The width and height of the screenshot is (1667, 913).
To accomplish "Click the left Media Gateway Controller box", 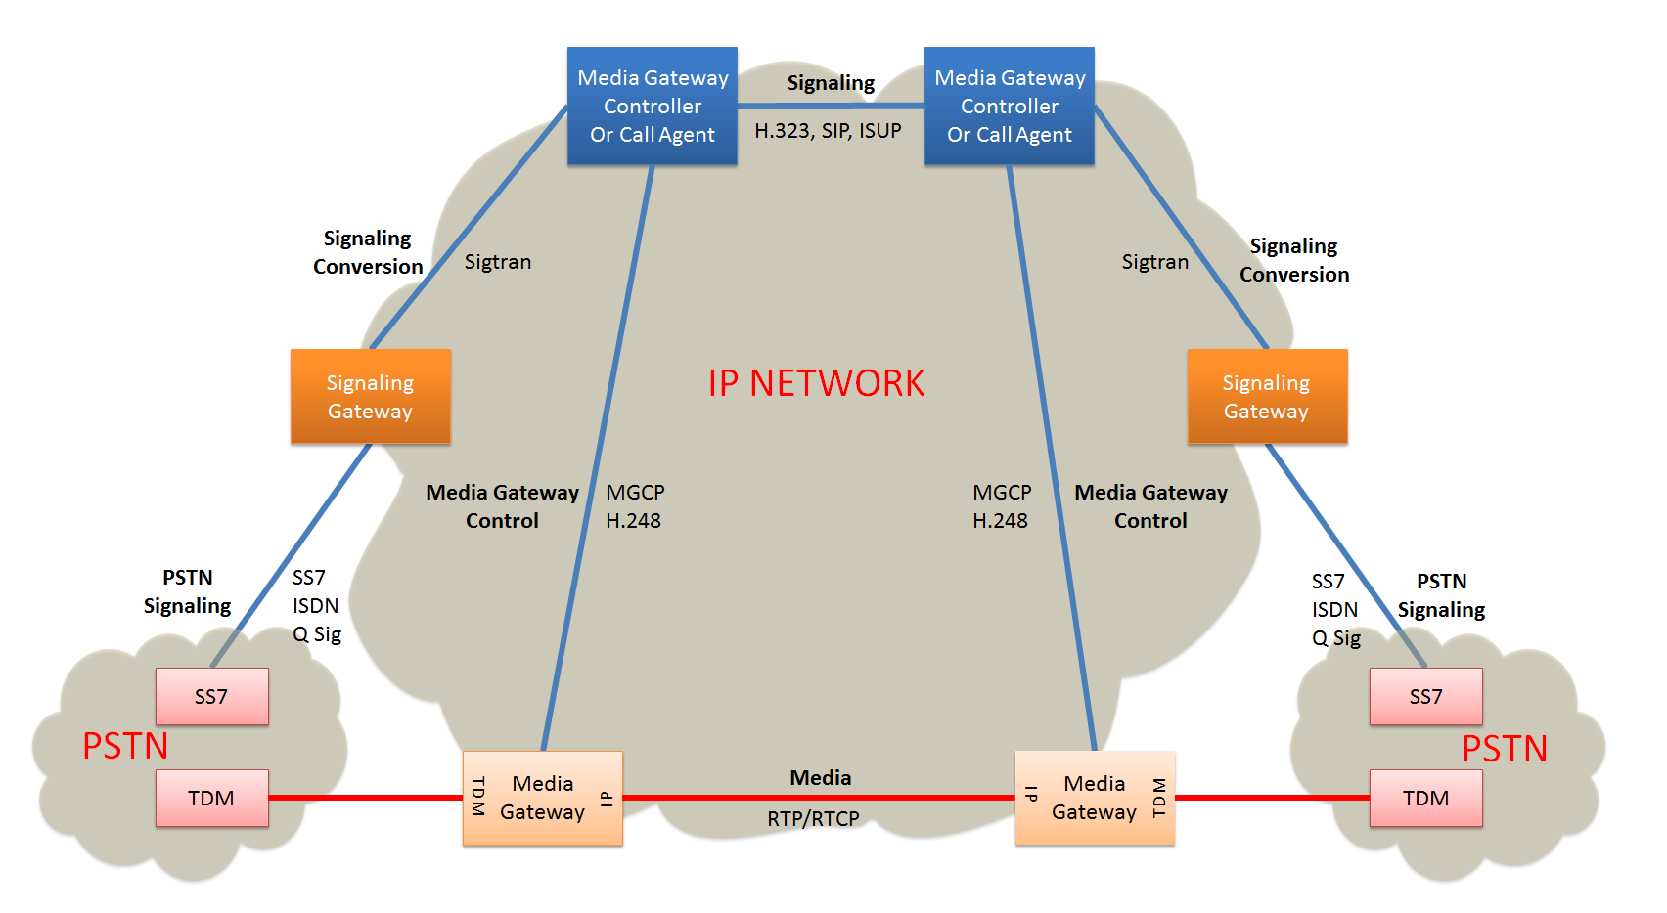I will pos(653,106).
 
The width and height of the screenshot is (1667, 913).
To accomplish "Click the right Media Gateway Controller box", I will pos(1010,106).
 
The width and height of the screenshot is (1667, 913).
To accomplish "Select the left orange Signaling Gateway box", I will pos(371,397).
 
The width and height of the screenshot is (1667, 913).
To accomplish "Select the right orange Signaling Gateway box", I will pos(1267,397).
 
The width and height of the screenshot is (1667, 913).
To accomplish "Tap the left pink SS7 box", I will pos(211,697).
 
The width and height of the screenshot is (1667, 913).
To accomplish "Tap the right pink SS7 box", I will pos(1425,697).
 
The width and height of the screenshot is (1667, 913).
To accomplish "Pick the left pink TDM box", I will pos(211,799).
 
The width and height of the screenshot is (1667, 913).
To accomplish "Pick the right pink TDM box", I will pos(1425,799).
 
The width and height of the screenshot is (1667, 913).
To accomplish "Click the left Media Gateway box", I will pos(543,798).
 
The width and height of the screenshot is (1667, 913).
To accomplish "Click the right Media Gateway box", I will pos(1095,798).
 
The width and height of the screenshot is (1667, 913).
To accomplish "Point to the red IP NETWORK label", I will pos(816,383).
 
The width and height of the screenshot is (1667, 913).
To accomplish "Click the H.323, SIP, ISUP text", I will pos(828,131).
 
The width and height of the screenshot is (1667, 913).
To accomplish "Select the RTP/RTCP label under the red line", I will pos(813,819).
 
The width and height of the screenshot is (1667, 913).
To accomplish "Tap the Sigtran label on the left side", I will pos(498,262).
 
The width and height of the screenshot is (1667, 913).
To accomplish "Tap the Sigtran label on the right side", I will pos(1155,262).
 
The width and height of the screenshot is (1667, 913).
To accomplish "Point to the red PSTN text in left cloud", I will pos(125,747).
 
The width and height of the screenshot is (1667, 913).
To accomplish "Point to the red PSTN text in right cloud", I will pos(1505,750).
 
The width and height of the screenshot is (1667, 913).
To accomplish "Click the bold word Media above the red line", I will pos(821,778).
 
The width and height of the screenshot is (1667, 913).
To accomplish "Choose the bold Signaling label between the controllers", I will pos(831,83).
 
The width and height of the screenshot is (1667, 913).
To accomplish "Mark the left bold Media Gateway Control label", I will pos(502,506).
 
